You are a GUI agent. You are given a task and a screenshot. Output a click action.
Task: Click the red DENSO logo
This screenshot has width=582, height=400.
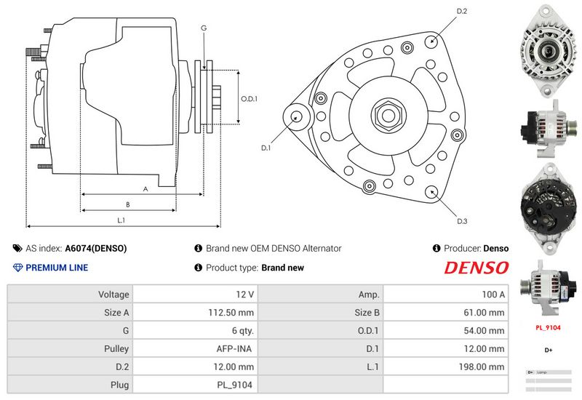click(477, 268)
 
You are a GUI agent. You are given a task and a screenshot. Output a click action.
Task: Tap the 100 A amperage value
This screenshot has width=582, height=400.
click(492, 295)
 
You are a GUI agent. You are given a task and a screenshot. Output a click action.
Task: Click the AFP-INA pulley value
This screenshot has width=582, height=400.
click(236, 348)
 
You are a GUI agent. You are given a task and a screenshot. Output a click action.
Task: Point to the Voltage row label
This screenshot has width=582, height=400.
click(113, 295)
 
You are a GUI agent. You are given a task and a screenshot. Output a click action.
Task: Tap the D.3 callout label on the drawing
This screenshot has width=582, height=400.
click(461, 221)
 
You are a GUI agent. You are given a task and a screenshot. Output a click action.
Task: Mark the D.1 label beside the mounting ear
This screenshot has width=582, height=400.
click(266, 148)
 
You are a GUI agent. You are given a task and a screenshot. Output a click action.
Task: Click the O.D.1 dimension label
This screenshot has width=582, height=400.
click(250, 97)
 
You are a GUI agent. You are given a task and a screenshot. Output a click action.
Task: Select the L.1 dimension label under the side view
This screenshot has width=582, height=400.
click(121, 220)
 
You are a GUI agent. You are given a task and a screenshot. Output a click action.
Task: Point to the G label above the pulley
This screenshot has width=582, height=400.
click(204, 28)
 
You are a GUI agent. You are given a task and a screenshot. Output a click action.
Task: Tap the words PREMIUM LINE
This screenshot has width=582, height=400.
click(57, 268)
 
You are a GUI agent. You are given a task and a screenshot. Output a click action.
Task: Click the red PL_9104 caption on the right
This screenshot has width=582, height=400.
click(548, 327)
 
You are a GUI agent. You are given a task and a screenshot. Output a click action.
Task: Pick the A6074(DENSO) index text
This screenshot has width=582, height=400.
click(96, 249)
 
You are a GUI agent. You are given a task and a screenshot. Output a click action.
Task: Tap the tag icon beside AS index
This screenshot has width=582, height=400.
click(17, 249)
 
